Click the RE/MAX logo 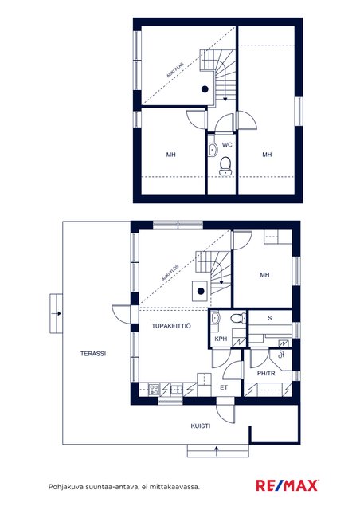click(287, 485)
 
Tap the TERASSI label click(93, 354)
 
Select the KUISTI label click(201, 426)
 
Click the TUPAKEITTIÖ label click(171, 326)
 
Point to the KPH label click(221, 339)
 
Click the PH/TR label click(266, 374)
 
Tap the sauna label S click(269, 318)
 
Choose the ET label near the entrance click(224, 387)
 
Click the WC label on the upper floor click(227, 145)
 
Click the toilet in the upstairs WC click(225, 165)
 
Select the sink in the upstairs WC click(213, 150)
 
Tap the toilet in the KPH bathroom click(239, 318)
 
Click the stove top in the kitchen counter click(155, 390)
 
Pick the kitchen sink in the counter click(177, 389)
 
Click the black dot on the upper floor click(205, 88)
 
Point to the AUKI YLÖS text click(170, 273)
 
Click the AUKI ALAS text click(175, 70)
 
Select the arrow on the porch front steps click(217, 449)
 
